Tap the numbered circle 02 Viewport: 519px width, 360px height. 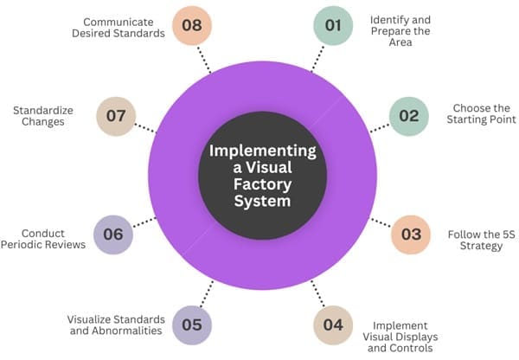click(408, 115)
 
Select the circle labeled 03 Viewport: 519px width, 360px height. click(411, 235)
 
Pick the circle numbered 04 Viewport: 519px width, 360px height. click(333, 325)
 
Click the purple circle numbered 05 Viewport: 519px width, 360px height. click(192, 325)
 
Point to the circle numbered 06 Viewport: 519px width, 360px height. click(113, 235)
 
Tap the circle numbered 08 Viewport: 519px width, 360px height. click(192, 25)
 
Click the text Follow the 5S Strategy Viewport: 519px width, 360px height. click(475, 241)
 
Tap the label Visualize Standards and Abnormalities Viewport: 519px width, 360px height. click(115, 325)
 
